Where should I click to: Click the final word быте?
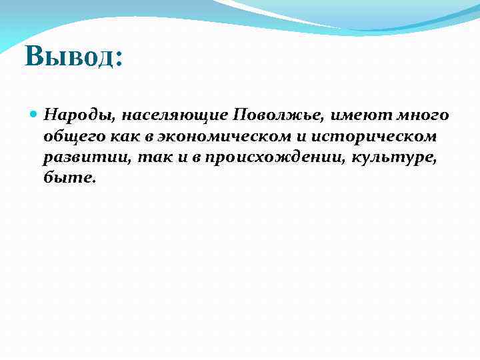coord(69,178)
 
